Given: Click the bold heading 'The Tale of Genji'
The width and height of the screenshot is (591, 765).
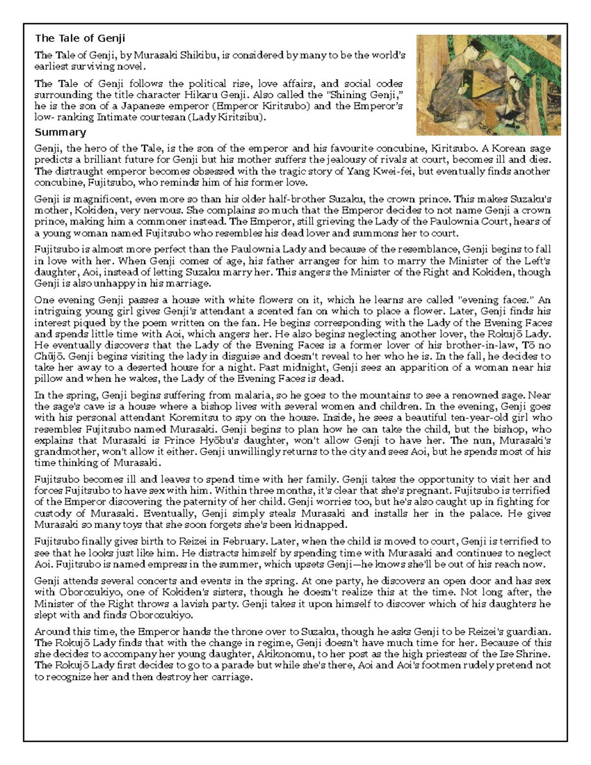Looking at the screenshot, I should pos(80,38).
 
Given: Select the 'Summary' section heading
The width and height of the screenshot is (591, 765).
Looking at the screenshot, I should pos(60,132).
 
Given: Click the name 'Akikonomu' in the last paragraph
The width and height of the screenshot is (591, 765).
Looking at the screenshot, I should pos(288,654).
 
